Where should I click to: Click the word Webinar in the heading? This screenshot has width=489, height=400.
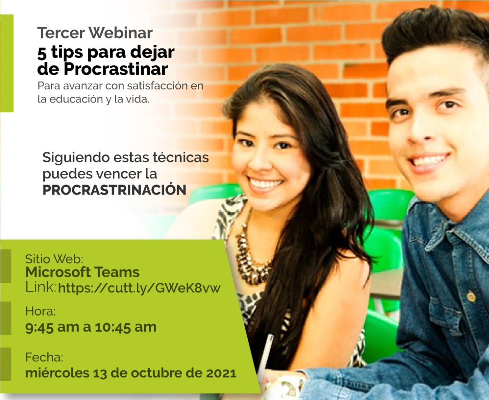pyautogui.click(x=121, y=33)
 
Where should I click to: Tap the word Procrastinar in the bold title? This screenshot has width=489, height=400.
pyautogui.click(x=115, y=69)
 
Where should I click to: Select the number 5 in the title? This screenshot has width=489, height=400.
pyautogui.click(x=42, y=53)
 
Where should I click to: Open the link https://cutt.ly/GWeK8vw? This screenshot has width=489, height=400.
pyautogui.click(x=139, y=288)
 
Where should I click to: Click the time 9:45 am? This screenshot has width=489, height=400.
pyautogui.click(x=51, y=327)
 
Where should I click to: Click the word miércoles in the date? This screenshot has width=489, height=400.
pyautogui.click(x=57, y=373)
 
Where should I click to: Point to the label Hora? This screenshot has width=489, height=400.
pyautogui.click(x=40, y=311)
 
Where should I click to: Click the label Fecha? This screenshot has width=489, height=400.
pyautogui.click(x=44, y=357)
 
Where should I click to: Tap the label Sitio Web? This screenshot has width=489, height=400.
pyautogui.click(x=54, y=259)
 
